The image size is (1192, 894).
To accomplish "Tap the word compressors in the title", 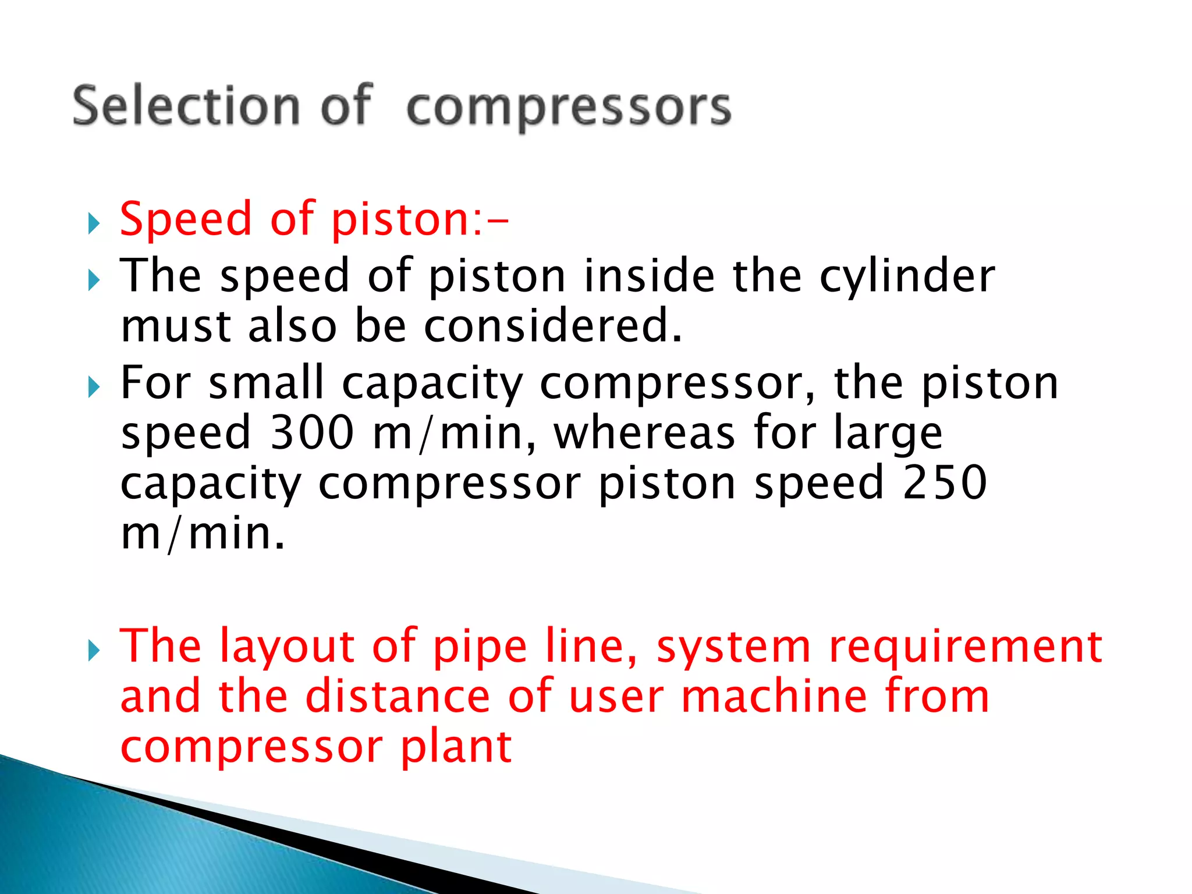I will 569,108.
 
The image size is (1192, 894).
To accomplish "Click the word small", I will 266,382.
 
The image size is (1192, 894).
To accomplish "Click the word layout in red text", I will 288,647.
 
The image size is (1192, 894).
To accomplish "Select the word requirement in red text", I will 966,647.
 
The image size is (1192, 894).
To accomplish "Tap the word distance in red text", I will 398,696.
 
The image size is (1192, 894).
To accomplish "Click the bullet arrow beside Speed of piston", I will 94,223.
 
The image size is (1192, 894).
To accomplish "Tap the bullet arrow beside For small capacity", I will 94,386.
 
